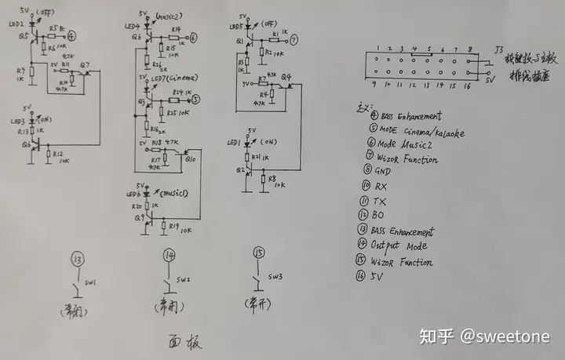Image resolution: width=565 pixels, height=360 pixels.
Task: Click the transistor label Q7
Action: click(85, 64)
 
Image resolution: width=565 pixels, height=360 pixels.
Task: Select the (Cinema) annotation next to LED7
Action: click(180, 77)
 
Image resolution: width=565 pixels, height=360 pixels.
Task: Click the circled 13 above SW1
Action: click(76, 260)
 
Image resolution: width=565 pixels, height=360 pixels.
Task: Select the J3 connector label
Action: click(499, 49)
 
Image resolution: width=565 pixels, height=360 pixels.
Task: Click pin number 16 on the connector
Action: click(468, 83)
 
